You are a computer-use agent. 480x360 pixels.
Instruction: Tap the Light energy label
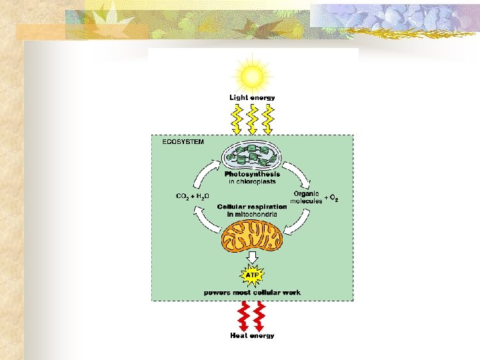click(x=252, y=98)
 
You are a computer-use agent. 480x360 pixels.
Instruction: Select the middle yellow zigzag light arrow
click(x=252, y=118)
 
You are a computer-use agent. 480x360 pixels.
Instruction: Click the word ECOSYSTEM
click(x=183, y=142)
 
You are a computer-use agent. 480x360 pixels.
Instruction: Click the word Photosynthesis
click(x=252, y=175)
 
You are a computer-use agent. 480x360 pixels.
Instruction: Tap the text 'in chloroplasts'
click(x=252, y=181)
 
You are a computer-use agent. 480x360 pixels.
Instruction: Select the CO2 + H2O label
click(x=192, y=197)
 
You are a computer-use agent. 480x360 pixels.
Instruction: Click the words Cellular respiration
click(x=252, y=207)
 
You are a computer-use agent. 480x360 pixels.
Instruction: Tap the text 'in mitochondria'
click(x=252, y=214)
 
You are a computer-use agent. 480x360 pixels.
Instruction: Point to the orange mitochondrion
click(x=252, y=237)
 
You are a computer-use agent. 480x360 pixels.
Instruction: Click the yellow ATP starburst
click(x=252, y=275)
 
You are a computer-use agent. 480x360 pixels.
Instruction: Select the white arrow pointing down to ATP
click(x=252, y=257)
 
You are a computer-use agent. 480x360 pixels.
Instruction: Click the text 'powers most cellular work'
click(x=252, y=292)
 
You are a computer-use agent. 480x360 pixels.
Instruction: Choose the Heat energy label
click(x=252, y=335)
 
